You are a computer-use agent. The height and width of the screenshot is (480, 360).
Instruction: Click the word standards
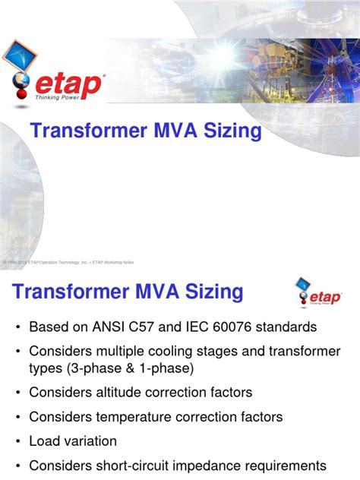pos(290,328)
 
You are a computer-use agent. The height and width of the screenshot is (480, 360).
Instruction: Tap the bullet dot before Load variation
pos(16,441)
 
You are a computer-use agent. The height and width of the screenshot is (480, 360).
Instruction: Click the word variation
pos(90,441)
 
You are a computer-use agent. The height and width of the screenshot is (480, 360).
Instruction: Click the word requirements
pos(284,465)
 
